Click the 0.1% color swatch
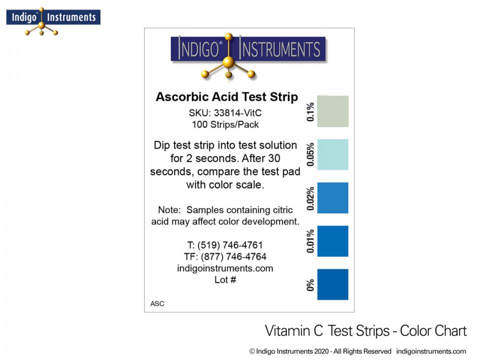click(332, 111)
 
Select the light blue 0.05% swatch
click(332, 154)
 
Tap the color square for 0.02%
click(332, 198)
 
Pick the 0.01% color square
click(332, 241)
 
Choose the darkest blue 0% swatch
click(332, 284)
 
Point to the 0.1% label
click(310, 112)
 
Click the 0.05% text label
click(310, 154)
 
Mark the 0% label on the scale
click(310, 284)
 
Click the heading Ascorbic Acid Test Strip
click(226, 97)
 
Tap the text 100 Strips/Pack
click(225, 124)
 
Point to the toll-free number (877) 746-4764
click(231, 257)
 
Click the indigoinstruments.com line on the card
click(225, 268)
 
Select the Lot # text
click(225, 280)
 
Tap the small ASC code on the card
click(157, 303)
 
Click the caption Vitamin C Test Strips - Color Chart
click(365, 331)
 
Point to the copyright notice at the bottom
click(357, 351)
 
